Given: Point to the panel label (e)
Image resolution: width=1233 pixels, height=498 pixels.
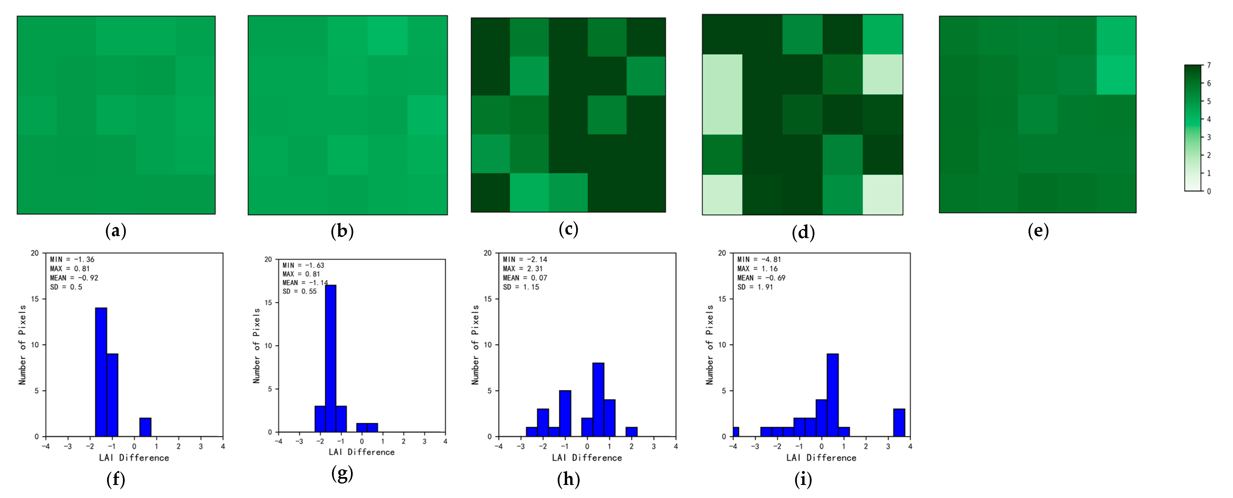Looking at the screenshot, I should [x=1038, y=231].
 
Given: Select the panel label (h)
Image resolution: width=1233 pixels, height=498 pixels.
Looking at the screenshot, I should [x=568, y=479].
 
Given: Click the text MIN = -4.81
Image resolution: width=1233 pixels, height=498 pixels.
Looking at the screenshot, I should [x=759, y=259].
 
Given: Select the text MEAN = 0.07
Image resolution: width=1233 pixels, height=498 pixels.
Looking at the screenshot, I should [x=524, y=278].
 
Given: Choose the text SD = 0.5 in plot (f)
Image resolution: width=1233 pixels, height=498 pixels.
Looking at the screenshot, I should [x=66, y=287].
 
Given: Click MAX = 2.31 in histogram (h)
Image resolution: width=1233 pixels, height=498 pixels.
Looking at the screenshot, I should [x=523, y=269].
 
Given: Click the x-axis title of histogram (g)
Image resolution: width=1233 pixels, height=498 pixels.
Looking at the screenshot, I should [x=361, y=452].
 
